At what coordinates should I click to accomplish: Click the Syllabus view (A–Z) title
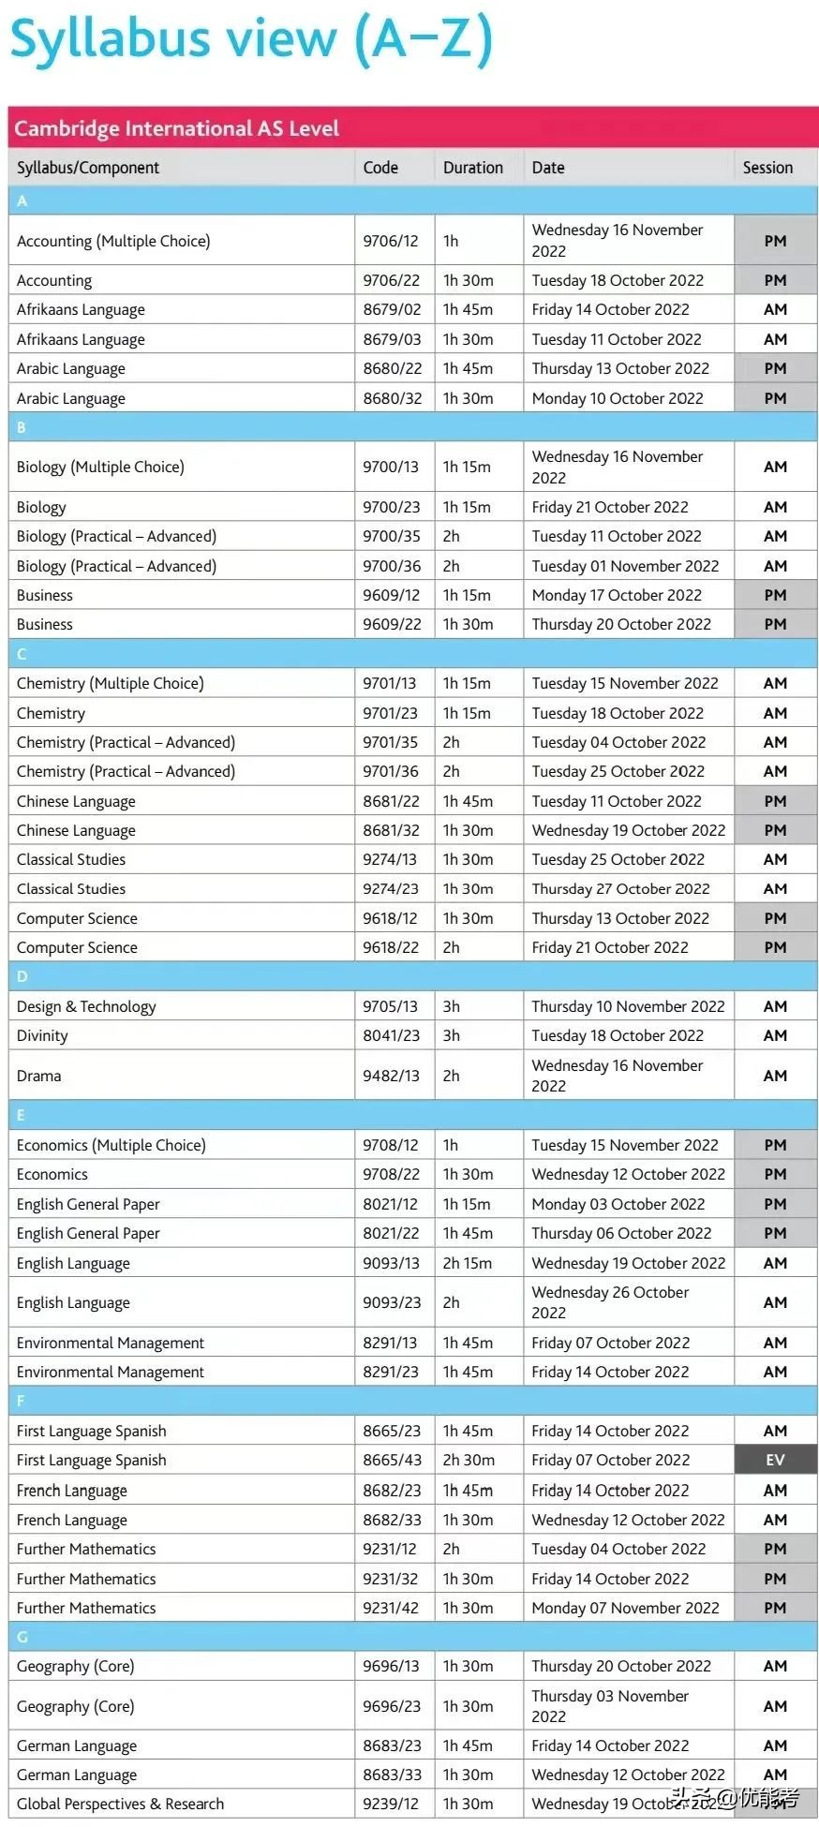coord(251,39)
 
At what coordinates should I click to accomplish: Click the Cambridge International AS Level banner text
coord(176,128)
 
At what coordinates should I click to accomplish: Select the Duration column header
coord(472,168)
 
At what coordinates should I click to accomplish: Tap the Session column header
coord(767,168)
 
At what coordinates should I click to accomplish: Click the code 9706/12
coord(391,241)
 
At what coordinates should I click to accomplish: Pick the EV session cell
coord(775,1460)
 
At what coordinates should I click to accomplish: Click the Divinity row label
coord(42,1035)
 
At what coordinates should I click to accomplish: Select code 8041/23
coord(391,1035)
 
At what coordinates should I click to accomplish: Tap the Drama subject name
coord(38,1076)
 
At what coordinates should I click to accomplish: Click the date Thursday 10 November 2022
coord(628,1006)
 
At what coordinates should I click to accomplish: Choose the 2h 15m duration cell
coord(467,1263)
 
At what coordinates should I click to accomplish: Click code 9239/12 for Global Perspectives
coord(391,1804)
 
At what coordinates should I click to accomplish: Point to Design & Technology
coord(86,1006)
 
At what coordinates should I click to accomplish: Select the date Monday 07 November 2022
coord(625,1608)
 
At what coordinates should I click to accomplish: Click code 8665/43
coord(392,1460)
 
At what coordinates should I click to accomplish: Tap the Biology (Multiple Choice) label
coord(100,467)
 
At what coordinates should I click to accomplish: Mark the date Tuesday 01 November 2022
coord(625,566)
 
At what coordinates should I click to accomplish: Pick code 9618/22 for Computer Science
coord(391,947)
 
